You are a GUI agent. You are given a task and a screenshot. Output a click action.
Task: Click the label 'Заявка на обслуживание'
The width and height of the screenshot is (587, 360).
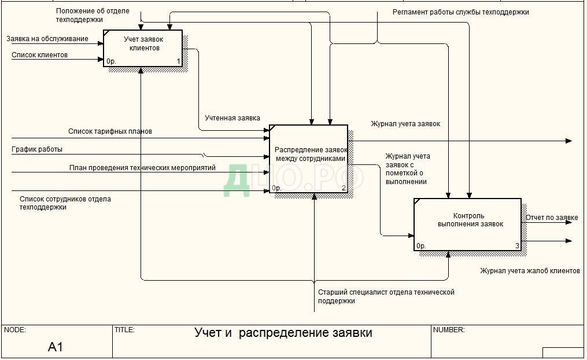point(47,39)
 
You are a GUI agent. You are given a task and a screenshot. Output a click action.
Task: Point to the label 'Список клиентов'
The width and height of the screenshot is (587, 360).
point(40,55)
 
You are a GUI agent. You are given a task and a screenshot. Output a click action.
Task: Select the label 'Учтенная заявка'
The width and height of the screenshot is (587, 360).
point(232,118)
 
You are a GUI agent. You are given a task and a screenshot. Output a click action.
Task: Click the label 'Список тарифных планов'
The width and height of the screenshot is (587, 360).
point(110,131)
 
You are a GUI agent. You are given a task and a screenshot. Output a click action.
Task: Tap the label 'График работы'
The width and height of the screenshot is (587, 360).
point(37,149)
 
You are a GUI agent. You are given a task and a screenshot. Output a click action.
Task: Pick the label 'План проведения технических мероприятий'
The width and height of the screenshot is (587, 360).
point(142,168)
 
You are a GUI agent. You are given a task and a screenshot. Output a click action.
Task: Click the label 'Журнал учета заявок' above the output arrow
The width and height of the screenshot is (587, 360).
point(405,123)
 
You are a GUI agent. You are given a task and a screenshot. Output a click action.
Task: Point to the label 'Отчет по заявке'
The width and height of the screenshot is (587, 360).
point(552,218)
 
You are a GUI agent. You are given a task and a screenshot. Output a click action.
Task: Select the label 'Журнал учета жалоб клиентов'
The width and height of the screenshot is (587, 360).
point(530,270)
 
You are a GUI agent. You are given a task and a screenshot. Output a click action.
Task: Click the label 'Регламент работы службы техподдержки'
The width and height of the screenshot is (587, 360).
point(460,12)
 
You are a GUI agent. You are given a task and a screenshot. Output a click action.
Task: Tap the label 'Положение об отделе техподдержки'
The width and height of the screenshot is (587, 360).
point(93,15)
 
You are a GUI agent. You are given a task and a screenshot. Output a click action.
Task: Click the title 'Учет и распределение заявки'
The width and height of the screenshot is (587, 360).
point(283,333)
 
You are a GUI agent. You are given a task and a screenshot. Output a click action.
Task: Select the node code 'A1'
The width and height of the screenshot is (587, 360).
point(56,347)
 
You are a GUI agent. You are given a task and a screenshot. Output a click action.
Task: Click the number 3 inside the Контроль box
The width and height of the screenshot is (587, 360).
point(518,246)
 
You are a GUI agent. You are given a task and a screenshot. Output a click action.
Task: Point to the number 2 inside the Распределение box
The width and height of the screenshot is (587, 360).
point(344,188)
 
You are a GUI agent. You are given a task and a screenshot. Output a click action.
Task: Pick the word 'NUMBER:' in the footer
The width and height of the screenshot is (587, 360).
point(449,330)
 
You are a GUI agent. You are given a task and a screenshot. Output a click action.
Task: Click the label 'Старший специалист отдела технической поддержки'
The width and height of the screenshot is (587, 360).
point(386,296)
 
